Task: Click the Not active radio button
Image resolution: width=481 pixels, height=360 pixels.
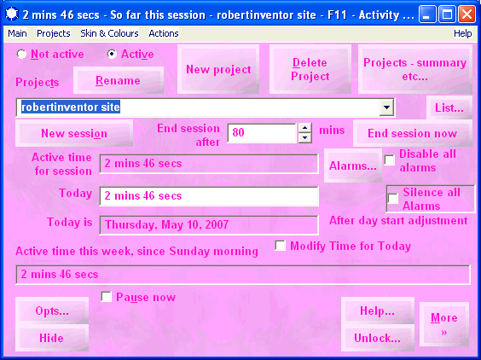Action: coord(21,55)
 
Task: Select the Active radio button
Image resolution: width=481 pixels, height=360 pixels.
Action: coord(112,55)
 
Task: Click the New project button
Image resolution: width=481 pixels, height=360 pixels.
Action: coord(218,69)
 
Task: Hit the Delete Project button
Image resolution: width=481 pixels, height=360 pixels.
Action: coord(310,69)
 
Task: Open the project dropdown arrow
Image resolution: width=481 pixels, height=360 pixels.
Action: coord(386,107)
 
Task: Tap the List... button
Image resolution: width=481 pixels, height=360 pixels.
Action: coord(449,107)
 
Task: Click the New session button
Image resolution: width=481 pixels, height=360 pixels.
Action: coord(74,133)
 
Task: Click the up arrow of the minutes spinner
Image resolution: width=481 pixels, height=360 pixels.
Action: coord(305,128)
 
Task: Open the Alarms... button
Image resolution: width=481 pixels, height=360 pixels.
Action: coord(353,165)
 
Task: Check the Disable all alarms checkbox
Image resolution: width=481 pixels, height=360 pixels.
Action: coord(390,160)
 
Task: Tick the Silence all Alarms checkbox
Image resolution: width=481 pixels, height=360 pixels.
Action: coord(393,198)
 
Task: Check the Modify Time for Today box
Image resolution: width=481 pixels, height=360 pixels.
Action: coord(280,246)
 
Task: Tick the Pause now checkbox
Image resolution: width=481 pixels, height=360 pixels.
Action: coord(106,297)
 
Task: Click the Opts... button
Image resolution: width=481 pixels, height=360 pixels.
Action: coord(52,311)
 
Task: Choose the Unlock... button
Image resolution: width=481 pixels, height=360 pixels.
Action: coord(377,338)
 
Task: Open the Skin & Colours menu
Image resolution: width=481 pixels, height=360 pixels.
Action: coord(109,33)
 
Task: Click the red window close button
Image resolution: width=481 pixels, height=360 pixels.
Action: coord(467,15)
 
